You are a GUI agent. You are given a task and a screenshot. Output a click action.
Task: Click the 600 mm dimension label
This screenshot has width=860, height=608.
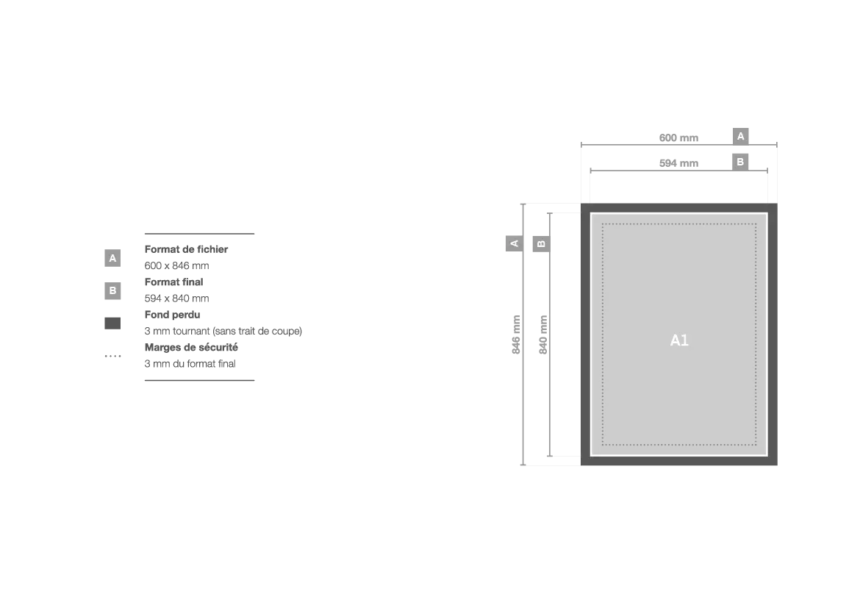[x=678, y=137]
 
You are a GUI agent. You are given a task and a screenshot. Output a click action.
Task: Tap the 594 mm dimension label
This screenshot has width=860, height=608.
[x=678, y=163]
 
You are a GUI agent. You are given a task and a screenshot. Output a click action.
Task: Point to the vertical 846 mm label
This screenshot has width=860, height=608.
[x=516, y=335]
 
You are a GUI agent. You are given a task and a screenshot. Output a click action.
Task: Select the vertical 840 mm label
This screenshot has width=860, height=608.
[x=543, y=335]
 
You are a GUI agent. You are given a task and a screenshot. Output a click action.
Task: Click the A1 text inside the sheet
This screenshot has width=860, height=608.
[x=679, y=340]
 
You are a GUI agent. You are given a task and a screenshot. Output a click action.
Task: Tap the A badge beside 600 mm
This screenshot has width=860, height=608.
[x=740, y=136]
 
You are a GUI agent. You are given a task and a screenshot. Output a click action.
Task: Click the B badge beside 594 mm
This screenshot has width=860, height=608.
[x=740, y=162]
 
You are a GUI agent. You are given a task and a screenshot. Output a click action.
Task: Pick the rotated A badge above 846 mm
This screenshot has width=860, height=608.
[x=514, y=243]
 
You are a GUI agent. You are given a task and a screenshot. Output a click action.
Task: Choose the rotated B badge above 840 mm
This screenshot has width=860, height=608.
[x=541, y=243]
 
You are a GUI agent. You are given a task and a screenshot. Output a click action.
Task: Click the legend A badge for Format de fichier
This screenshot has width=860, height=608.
[x=112, y=258]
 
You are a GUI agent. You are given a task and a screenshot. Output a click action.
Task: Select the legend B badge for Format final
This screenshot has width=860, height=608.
[x=112, y=291]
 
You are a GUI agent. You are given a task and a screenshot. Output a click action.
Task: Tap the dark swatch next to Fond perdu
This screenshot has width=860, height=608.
[x=112, y=323]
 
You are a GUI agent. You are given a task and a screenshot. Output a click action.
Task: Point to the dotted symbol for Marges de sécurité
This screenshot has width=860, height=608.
[x=113, y=356]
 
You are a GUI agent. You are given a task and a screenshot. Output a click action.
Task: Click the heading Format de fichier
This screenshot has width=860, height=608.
[x=186, y=249]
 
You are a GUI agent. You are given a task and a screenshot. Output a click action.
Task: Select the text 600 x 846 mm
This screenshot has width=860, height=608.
[x=176, y=265]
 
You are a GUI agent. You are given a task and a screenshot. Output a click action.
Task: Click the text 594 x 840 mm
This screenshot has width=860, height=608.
[x=176, y=298]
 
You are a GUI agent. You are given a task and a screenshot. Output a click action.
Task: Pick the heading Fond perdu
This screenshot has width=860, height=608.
[x=172, y=315]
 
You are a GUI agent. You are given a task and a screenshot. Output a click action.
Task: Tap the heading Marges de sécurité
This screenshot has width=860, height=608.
[x=191, y=347]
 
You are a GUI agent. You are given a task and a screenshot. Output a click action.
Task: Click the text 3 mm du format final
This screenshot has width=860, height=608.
[x=190, y=364]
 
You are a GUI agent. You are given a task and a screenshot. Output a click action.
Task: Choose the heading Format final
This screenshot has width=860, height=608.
[x=174, y=282]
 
